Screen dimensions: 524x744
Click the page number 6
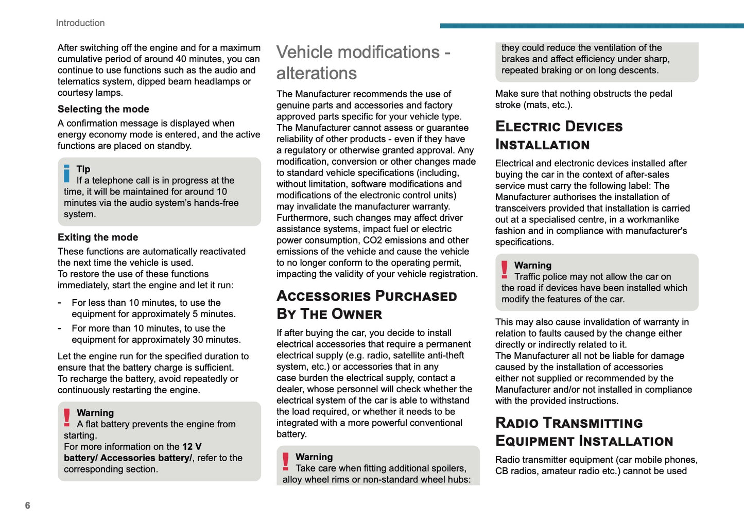point(28,505)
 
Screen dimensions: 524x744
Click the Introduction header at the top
point(80,23)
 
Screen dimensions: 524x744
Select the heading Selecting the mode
point(103,109)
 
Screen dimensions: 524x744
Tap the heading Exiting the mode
point(98,237)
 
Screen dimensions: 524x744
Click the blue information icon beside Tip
point(66,173)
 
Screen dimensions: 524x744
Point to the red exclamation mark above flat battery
point(67,417)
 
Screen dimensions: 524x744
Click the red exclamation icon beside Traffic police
point(505,270)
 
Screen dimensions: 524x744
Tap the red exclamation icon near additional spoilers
point(286,461)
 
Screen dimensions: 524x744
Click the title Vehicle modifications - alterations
point(363,63)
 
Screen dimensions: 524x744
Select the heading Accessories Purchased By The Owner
point(367,305)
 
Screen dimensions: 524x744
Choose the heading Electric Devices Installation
point(559,135)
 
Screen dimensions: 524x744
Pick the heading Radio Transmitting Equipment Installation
point(584,432)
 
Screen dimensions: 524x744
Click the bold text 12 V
point(192,447)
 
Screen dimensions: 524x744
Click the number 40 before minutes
point(181,59)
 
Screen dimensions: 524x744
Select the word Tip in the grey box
point(83,169)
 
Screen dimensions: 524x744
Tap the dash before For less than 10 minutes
point(60,303)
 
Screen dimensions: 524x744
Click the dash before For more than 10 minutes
point(60,328)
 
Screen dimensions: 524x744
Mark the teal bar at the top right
point(592,26)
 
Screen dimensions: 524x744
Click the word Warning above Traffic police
point(533,266)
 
